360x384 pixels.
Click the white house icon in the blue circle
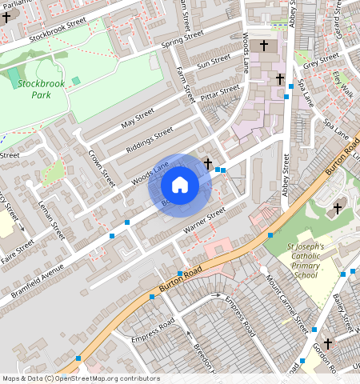180,186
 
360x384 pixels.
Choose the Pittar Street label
221,93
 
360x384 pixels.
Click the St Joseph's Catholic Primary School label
307,262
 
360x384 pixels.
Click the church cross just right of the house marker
208,164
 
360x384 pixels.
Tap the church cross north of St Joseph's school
338,208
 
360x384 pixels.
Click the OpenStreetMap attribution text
81,378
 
